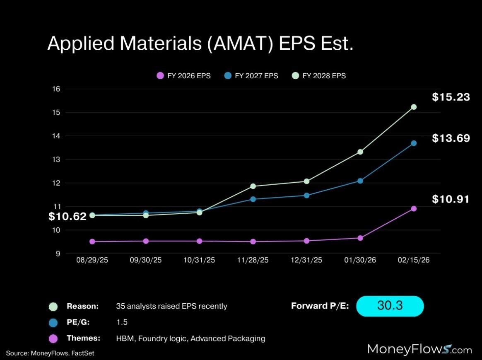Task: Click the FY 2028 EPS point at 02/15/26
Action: (413, 107)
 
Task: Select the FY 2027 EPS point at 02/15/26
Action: (413, 143)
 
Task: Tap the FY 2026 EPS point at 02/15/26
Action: (413, 208)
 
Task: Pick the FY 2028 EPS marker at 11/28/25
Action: (253, 186)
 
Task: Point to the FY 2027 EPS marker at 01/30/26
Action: (360, 181)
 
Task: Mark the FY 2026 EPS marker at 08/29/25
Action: (92, 242)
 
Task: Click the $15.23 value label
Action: (451, 97)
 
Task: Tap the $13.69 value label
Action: (451, 138)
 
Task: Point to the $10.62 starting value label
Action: (67, 216)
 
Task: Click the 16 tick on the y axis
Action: (56, 89)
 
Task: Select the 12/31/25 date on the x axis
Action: (306, 260)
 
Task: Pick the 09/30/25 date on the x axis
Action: (146, 260)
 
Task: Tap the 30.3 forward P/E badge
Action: (390, 306)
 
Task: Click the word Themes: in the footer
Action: (83, 338)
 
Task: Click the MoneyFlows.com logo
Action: (419, 349)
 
